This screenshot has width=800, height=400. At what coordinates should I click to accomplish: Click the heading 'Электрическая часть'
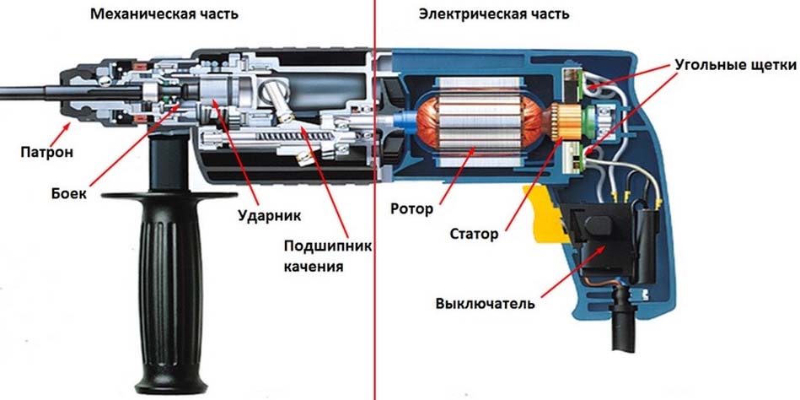[x=493, y=14]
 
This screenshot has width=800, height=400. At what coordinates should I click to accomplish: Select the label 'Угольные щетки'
[x=734, y=64]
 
